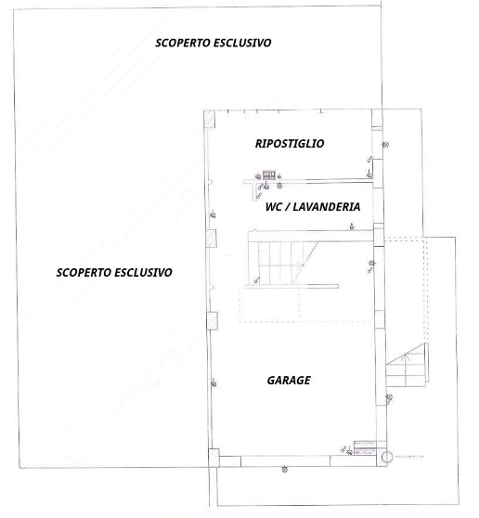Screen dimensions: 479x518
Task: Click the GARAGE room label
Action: (289, 381)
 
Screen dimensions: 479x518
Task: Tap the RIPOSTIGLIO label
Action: (290, 144)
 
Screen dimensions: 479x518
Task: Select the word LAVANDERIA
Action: (327, 207)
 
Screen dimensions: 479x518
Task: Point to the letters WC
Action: (274, 207)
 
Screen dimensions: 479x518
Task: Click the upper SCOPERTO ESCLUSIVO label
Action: (214, 43)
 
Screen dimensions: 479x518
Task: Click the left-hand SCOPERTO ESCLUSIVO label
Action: (114, 273)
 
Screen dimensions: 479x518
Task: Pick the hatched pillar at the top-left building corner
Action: (210, 119)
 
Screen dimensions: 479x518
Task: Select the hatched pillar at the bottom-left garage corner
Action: (214, 458)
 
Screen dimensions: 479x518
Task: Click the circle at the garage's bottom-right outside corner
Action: (387, 458)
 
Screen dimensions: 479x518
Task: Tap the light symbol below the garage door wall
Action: (285, 469)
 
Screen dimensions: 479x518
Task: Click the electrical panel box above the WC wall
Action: (269, 175)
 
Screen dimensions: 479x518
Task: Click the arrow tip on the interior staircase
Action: (302, 264)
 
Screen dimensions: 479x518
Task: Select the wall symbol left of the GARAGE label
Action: (214, 382)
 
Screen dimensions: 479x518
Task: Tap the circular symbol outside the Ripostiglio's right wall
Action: (385, 145)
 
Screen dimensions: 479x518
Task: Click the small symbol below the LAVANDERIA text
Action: (352, 227)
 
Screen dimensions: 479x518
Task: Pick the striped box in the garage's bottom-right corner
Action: (365, 448)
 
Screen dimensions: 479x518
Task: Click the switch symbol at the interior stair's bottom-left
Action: (257, 280)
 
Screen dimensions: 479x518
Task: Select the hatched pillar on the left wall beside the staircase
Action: (211, 239)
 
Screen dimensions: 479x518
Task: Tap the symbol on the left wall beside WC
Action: (214, 214)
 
